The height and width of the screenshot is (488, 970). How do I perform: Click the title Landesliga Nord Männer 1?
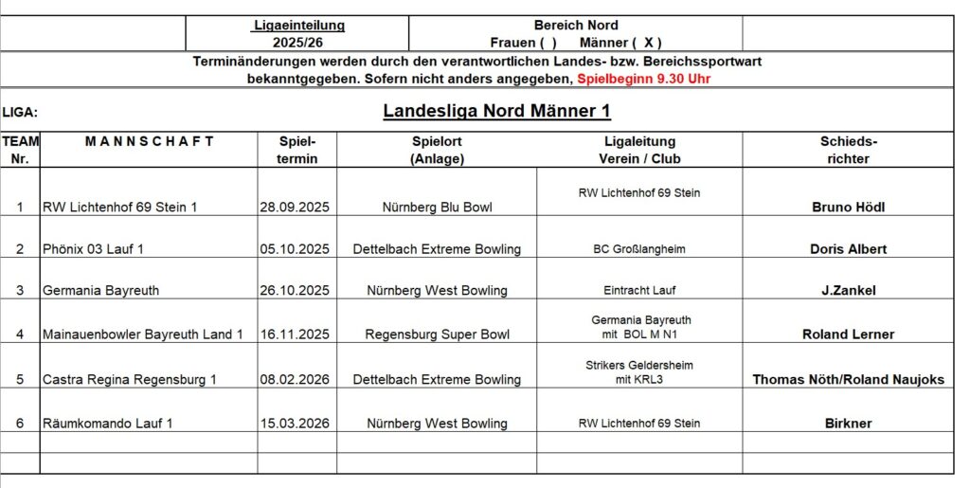click(496, 111)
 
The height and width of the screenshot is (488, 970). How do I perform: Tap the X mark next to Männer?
click(647, 43)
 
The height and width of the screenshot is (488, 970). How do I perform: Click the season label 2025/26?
click(297, 43)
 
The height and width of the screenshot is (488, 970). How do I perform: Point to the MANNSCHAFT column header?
click(149, 141)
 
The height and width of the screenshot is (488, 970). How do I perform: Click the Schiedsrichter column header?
click(848, 150)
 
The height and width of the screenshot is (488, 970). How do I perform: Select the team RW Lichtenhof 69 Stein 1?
click(119, 207)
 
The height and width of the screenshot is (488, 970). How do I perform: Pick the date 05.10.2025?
click(296, 249)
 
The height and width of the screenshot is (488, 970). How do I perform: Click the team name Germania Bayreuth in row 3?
click(100, 290)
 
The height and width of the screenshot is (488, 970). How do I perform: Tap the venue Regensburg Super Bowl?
click(437, 334)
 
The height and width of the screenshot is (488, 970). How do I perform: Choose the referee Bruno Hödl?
click(848, 207)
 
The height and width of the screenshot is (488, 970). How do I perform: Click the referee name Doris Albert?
click(848, 249)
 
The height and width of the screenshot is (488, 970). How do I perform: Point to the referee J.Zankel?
click(848, 290)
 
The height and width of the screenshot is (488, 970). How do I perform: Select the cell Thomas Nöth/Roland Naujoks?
click(848, 379)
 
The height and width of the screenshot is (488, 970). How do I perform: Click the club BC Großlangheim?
click(638, 249)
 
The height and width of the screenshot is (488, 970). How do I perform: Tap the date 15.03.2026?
click(296, 423)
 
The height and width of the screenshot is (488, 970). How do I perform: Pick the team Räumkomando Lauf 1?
click(107, 423)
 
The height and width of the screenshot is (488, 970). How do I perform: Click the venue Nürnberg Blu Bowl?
click(437, 207)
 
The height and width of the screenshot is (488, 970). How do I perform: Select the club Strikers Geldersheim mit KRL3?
click(638, 371)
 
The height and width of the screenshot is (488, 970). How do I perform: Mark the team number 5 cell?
click(20, 379)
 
